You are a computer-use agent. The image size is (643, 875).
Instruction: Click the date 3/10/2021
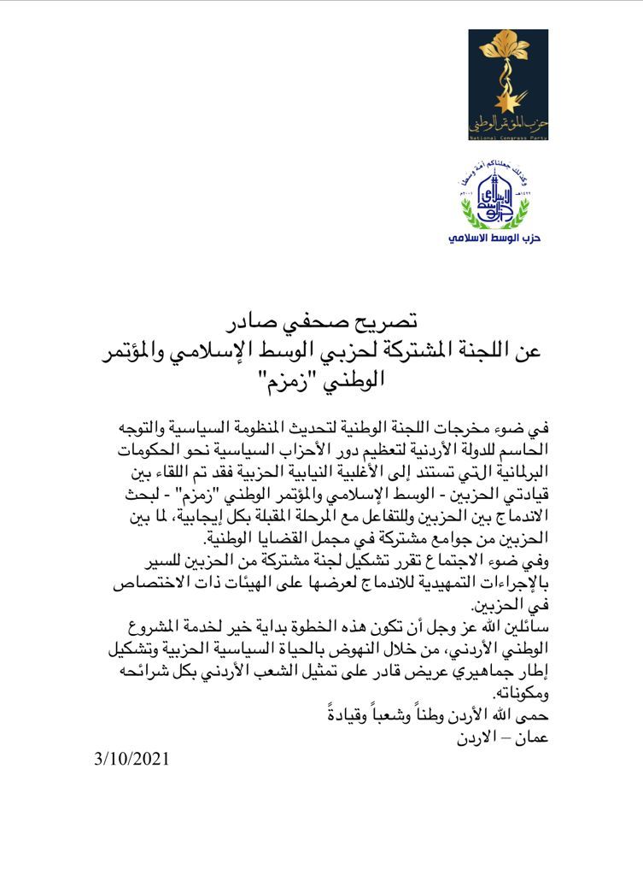click(x=132, y=759)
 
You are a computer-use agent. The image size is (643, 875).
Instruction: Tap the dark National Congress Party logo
click(x=508, y=84)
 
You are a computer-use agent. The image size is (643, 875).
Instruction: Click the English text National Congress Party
click(x=508, y=135)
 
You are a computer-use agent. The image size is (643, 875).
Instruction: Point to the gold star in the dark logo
click(x=497, y=105)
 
